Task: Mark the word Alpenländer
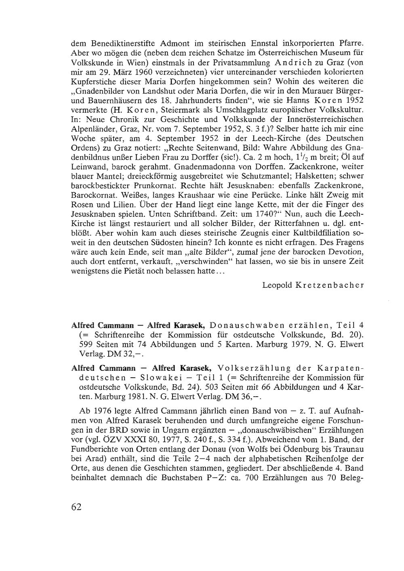click(x=90, y=128)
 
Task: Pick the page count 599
click(x=86, y=345)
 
